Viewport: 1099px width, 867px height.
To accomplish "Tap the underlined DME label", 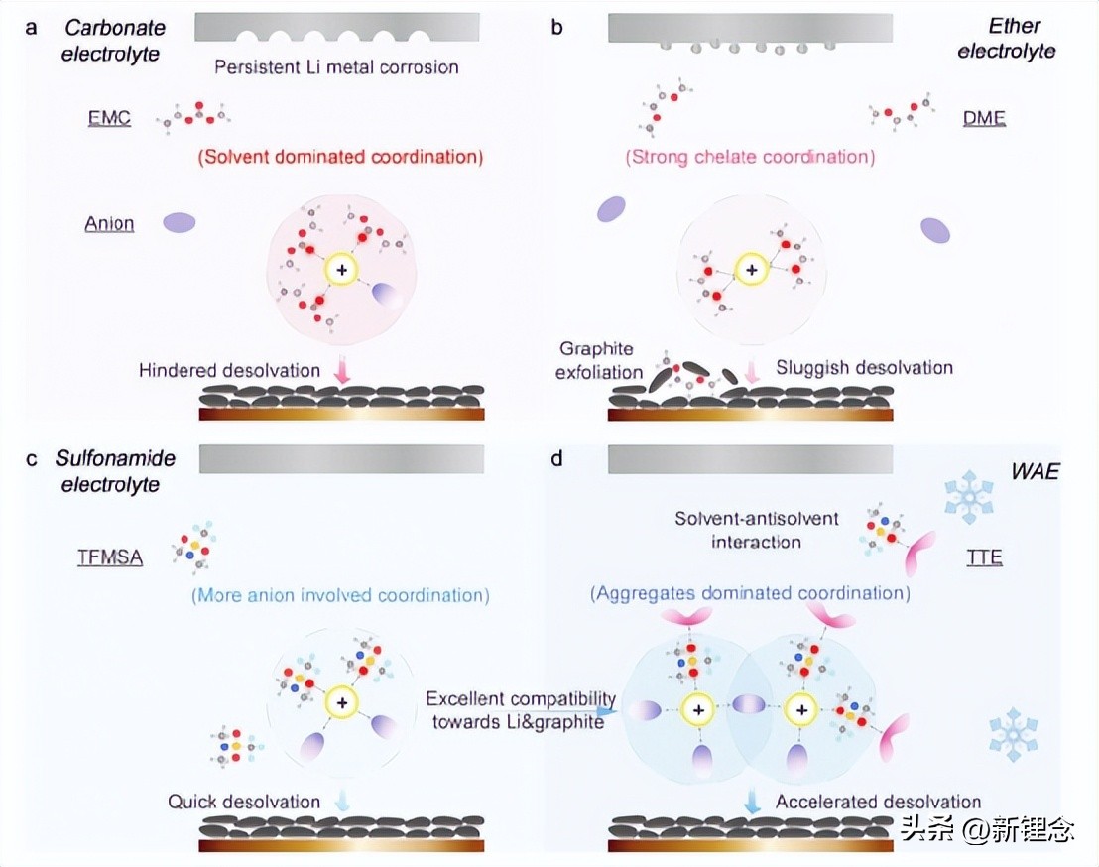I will (x=984, y=119).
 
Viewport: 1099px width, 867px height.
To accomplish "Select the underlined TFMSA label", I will (x=110, y=557).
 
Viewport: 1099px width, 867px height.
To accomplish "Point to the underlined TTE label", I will (x=984, y=557).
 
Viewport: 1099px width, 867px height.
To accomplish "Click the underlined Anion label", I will (x=108, y=224).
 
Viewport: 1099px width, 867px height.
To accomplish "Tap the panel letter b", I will (x=556, y=27).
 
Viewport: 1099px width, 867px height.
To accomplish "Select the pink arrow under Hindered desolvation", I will (x=343, y=373).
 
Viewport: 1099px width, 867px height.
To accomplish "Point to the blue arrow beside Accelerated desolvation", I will (x=753, y=802).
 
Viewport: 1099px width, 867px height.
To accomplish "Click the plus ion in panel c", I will (x=342, y=702).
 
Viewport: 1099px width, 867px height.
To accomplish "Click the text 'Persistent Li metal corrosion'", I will (x=336, y=67).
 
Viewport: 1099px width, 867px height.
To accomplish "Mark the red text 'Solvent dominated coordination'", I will (x=340, y=157).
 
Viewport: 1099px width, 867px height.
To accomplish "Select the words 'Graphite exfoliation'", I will (x=596, y=359).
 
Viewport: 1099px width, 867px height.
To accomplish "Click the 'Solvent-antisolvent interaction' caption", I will (x=757, y=530).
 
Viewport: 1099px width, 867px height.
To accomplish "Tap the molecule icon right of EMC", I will (x=194, y=117).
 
